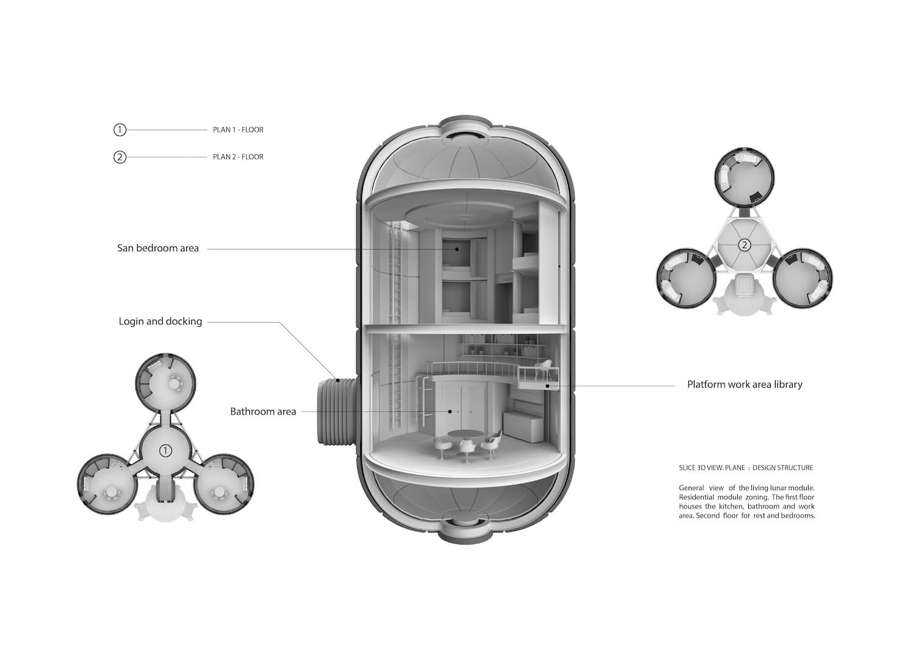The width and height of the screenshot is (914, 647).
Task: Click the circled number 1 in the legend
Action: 119,130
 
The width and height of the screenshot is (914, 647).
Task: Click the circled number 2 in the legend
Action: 119,157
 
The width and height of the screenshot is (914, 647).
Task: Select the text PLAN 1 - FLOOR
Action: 238,130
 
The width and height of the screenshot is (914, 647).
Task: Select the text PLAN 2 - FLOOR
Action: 238,157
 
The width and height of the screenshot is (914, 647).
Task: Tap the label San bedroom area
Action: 158,248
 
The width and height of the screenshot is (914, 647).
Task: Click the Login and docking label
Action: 160,321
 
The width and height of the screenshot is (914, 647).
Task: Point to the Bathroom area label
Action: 263,412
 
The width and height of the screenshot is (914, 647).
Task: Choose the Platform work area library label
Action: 745,384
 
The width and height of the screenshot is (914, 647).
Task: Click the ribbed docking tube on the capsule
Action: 337,412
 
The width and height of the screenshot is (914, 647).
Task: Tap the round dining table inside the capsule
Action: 464,434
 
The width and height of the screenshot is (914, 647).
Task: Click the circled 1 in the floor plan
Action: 165,451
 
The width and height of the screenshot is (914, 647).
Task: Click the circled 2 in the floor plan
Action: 745,245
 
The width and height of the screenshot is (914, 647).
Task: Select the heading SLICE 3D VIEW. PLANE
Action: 712,468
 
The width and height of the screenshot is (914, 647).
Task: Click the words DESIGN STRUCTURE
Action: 782,468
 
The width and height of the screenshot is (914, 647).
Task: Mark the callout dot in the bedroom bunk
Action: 457,249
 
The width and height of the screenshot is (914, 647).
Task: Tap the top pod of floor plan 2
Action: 745,177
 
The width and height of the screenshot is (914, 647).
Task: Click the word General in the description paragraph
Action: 691,488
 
